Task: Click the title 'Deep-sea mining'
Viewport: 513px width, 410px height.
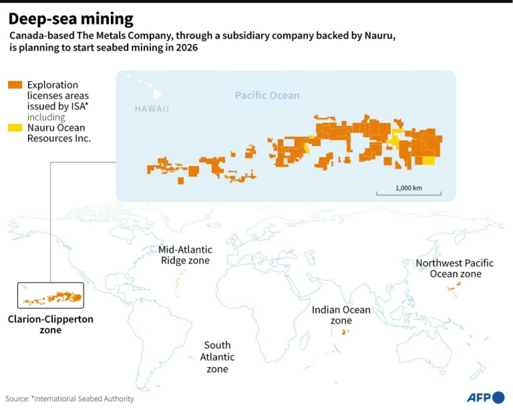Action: [x=71, y=19]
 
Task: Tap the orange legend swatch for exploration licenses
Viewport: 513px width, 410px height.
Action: [x=15, y=85]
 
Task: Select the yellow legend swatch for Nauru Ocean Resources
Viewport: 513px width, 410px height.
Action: [x=15, y=128]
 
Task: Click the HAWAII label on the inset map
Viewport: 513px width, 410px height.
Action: [x=152, y=109]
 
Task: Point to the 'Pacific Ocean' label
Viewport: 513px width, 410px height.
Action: [x=267, y=95]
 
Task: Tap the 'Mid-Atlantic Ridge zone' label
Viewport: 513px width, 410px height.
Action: [x=185, y=255]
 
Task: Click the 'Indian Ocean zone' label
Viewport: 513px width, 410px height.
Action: [x=341, y=315]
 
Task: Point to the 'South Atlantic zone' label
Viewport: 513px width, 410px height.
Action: [x=217, y=357]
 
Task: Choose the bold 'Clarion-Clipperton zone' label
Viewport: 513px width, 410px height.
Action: [x=50, y=324]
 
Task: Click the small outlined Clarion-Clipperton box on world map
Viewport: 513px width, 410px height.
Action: [x=50, y=295]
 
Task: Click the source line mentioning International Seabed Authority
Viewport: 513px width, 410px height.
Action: [x=70, y=399]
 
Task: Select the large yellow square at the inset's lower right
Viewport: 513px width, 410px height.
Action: [x=428, y=161]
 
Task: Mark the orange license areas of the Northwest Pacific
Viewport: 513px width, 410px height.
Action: [x=453, y=289]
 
